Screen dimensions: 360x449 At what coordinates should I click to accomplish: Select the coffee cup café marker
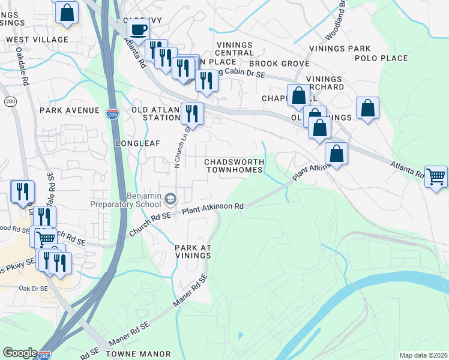[139, 30]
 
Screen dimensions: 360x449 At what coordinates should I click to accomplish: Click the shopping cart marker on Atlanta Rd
[436, 176]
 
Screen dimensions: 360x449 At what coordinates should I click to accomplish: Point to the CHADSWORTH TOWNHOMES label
[234, 166]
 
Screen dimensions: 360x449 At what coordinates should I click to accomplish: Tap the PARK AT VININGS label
[193, 251]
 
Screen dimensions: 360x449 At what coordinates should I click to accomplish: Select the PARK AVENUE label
[69, 110]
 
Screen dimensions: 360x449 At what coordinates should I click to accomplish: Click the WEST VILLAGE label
[37, 40]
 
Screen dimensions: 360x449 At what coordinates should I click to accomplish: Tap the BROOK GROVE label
[279, 64]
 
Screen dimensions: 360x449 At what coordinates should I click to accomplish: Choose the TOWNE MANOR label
[139, 354]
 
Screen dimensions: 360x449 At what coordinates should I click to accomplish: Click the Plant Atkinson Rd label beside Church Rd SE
[212, 208]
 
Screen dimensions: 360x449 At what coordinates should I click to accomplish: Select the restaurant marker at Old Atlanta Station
[192, 112]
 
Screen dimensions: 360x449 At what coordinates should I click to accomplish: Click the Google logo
[20, 353]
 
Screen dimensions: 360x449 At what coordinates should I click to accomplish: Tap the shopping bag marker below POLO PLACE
[368, 109]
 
